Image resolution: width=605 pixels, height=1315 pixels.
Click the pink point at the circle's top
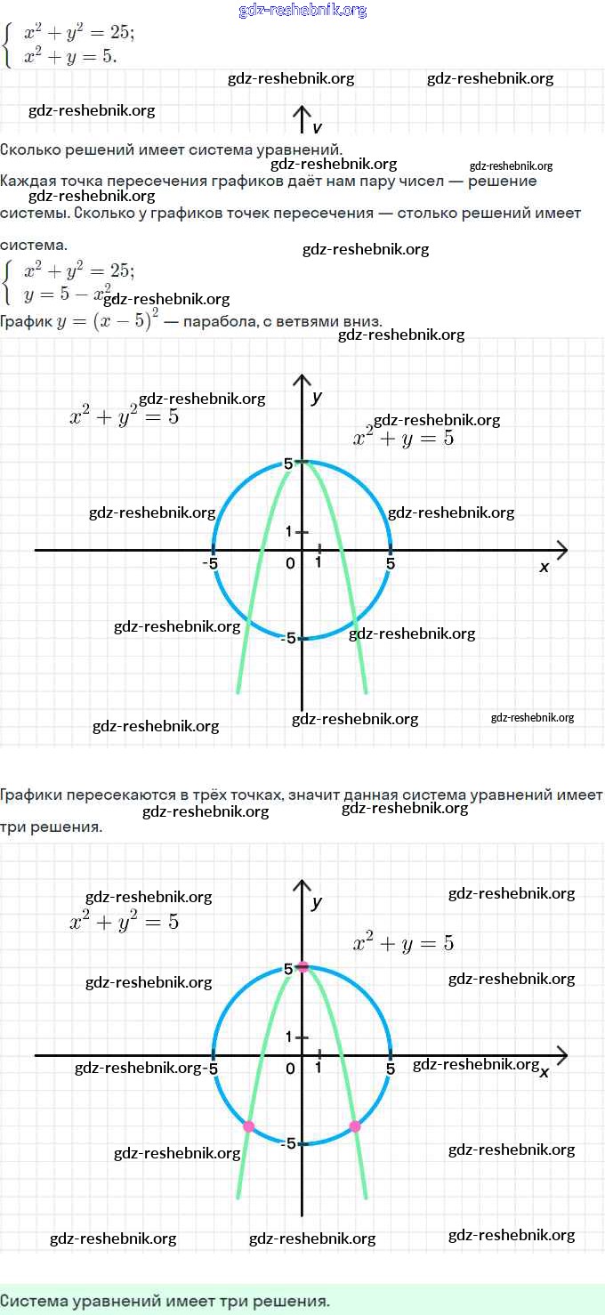(x=302, y=966)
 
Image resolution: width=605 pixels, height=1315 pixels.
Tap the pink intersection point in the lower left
(x=248, y=1126)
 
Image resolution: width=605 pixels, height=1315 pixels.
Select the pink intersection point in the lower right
(x=355, y=1126)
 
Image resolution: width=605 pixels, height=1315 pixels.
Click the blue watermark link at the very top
(x=302, y=11)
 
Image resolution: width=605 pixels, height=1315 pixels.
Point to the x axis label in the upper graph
(x=544, y=567)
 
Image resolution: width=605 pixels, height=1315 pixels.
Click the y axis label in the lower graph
(x=317, y=902)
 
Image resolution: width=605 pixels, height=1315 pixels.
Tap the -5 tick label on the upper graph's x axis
(x=210, y=563)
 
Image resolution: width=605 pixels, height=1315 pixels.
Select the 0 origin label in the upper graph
(x=290, y=563)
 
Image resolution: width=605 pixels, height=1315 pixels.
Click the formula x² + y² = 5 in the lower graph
(x=124, y=922)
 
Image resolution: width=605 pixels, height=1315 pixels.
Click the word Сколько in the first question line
(x=28, y=149)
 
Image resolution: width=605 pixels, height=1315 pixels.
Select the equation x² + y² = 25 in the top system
(x=79, y=33)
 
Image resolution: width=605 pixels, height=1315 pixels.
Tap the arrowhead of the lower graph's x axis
(x=562, y=1055)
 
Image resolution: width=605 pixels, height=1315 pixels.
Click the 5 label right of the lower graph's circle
(x=391, y=1069)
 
